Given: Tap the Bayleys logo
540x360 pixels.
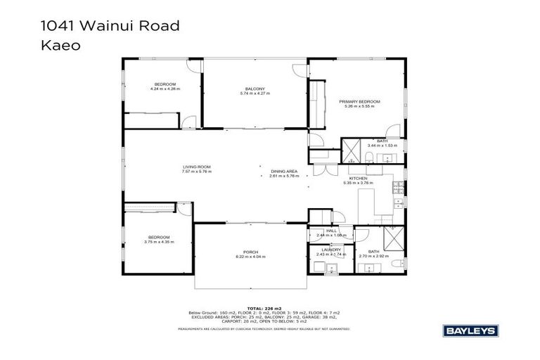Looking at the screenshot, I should click(469, 329).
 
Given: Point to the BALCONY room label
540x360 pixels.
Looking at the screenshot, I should click(255, 89).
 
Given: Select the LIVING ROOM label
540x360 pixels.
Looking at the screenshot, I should click(196, 167).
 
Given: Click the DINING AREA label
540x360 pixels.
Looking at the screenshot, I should click(284, 172).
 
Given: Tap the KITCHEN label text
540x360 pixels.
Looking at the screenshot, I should click(358, 179).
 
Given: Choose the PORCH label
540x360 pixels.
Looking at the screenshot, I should click(250, 253).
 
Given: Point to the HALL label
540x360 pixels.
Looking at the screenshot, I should click(331, 230).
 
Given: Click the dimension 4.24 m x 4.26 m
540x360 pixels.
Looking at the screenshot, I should click(165, 89).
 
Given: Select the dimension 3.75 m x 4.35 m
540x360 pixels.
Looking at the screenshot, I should click(160, 241).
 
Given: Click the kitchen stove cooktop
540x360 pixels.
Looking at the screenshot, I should click(398, 188).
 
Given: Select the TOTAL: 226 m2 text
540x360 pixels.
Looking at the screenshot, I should click(269, 308).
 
